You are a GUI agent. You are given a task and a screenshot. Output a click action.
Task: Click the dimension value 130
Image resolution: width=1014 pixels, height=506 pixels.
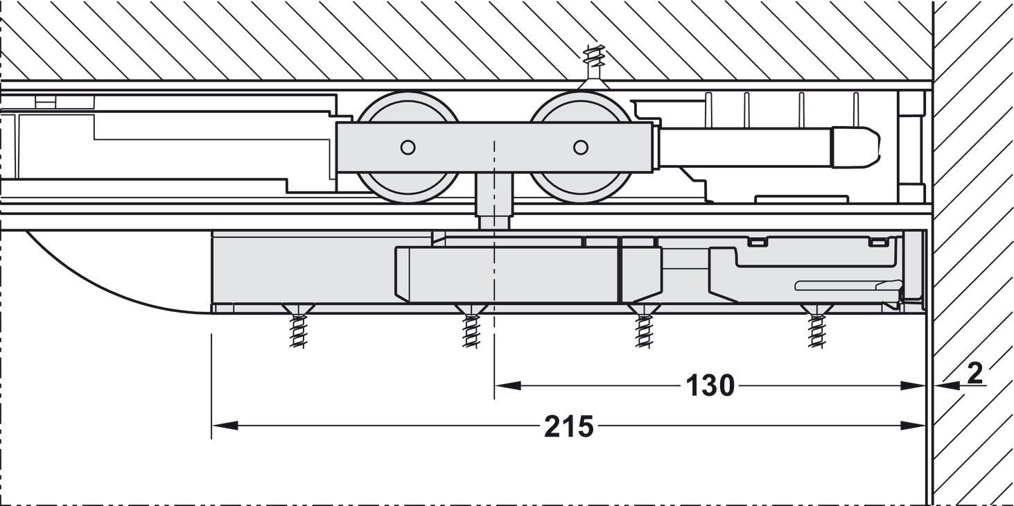[x=710, y=385]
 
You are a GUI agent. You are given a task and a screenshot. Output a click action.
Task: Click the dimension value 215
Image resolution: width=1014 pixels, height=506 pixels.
[x=568, y=426]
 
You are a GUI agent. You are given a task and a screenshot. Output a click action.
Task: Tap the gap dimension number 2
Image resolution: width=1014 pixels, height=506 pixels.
[x=974, y=374]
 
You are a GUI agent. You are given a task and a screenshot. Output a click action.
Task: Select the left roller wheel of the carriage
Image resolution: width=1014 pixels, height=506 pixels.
[x=408, y=148]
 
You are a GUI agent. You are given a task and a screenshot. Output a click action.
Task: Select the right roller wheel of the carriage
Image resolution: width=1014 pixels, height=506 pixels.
[x=581, y=148]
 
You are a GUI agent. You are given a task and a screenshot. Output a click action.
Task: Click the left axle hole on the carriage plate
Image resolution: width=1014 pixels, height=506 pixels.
[x=408, y=147]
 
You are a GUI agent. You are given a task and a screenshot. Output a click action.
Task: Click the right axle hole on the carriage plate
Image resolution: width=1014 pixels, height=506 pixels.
[x=581, y=147]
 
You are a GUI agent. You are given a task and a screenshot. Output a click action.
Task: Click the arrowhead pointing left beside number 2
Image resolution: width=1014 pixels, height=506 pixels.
[x=944, y=385]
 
